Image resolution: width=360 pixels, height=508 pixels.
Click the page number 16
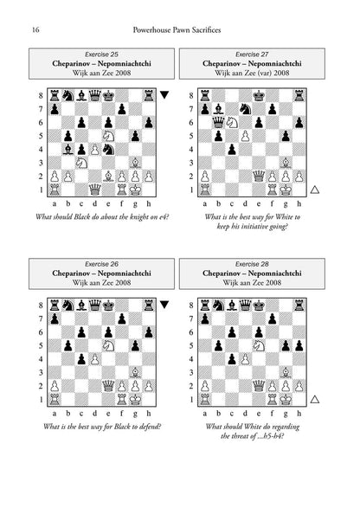(x=35, y=30)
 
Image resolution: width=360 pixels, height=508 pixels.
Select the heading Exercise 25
(x=101, y=55)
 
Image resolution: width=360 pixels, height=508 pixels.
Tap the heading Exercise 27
(x=252, y=55)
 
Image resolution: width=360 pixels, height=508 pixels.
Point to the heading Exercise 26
(x=101, y=264)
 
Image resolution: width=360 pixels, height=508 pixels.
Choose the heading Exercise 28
(x=252, y=264)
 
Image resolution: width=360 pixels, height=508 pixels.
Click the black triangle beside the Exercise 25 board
(x=164, y=94)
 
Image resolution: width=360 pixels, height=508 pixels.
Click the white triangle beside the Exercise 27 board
(x=315, y=190)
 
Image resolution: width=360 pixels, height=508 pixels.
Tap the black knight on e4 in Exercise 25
(x=108, y=150)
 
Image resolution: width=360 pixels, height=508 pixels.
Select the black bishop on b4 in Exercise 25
(x=67, y=150)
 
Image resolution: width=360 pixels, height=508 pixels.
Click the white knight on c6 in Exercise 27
(x=231, y=122)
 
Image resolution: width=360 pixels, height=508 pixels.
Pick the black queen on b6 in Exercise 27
(x=218, y=122)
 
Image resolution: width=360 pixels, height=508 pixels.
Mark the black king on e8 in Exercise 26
(x=108, y=305)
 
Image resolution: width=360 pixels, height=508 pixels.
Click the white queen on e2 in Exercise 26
(x=108, y=386)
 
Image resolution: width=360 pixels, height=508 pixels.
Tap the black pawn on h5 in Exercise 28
(x=299, y=345)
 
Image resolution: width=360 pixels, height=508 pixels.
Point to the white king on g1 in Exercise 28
(x=286, y=400)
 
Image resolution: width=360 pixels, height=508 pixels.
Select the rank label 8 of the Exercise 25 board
(x=41, y=95)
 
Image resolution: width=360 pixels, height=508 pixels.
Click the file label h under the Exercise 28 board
(x=299, y=414)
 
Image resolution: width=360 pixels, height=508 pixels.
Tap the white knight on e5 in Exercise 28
(x=258, y=345)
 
